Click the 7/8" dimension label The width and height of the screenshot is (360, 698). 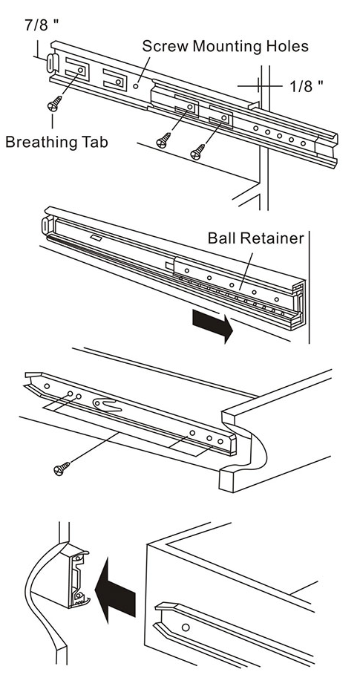coord(42,25)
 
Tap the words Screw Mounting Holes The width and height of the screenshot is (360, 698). coord(225,46)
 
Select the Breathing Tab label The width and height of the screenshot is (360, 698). coord(56,142)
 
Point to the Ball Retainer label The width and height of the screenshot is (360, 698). coord(256,238)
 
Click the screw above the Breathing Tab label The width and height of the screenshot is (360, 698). coord(55,103)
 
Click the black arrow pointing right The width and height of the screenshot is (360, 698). coord(213,326)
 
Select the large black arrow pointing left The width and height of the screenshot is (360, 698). coord(116,592)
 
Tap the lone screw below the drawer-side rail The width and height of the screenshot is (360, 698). coord(62,468)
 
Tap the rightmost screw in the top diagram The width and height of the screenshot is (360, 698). coord(197,151)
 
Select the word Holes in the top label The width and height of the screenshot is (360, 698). coord(286,46)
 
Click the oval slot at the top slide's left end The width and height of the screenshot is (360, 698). coord(51,62)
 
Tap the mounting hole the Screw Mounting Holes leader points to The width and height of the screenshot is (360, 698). coord(136,86)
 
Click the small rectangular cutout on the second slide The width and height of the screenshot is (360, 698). coord(95,238)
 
